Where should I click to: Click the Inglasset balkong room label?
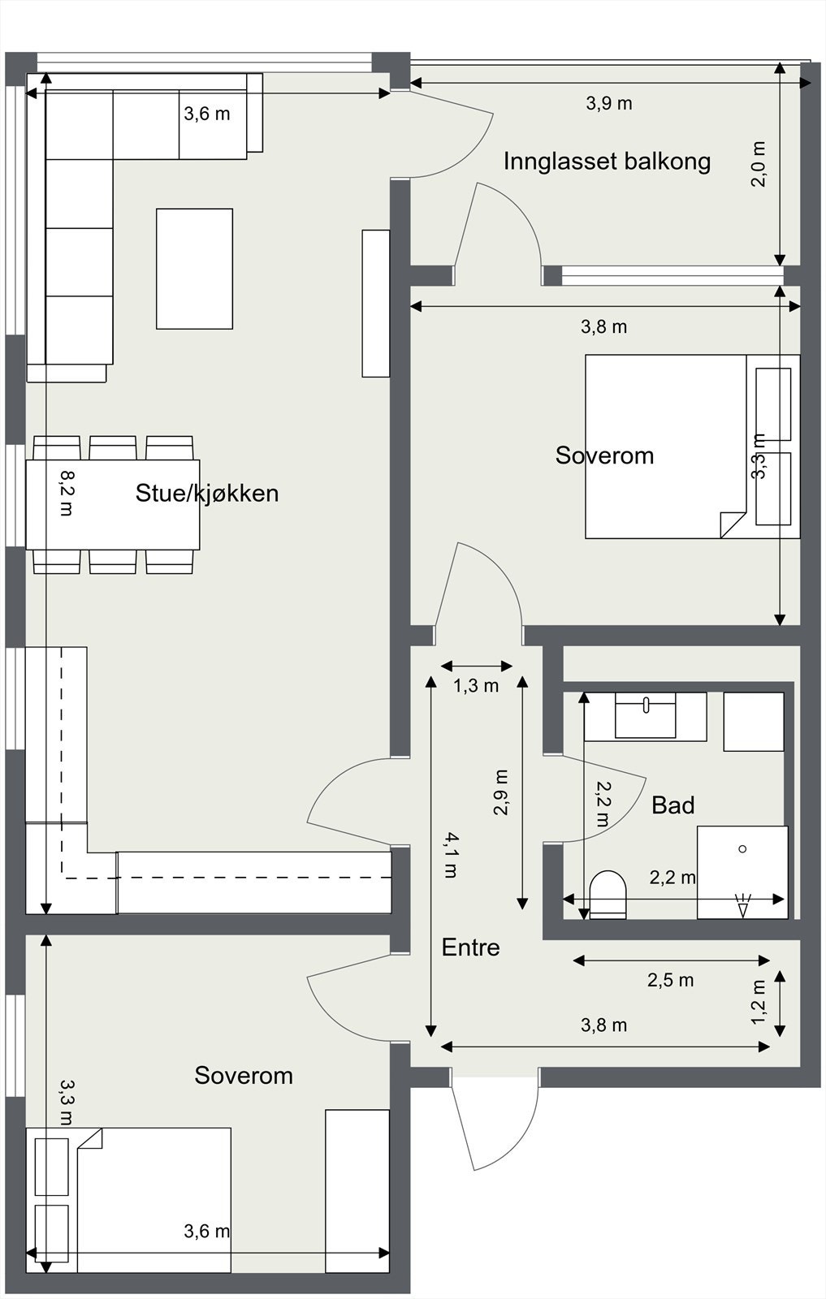[x=607, y=162]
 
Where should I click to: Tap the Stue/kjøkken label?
[x=206, y=493]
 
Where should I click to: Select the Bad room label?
[x=672, y=805]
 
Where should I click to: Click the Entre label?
[x=470, y=947]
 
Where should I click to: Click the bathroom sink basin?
[x=645, y=715]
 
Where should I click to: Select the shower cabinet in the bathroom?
[x=742, y=872]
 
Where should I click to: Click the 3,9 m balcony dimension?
[x=608, y=103]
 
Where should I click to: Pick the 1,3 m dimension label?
[x=475, y=686]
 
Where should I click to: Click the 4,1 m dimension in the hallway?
[x=449, y=855]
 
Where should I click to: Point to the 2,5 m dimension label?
[x=670, y=980]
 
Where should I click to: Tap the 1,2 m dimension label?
[x=759, y=1002]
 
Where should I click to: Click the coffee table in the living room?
[x=194, y=269]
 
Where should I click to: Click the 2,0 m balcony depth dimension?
[x=759, y=164]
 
